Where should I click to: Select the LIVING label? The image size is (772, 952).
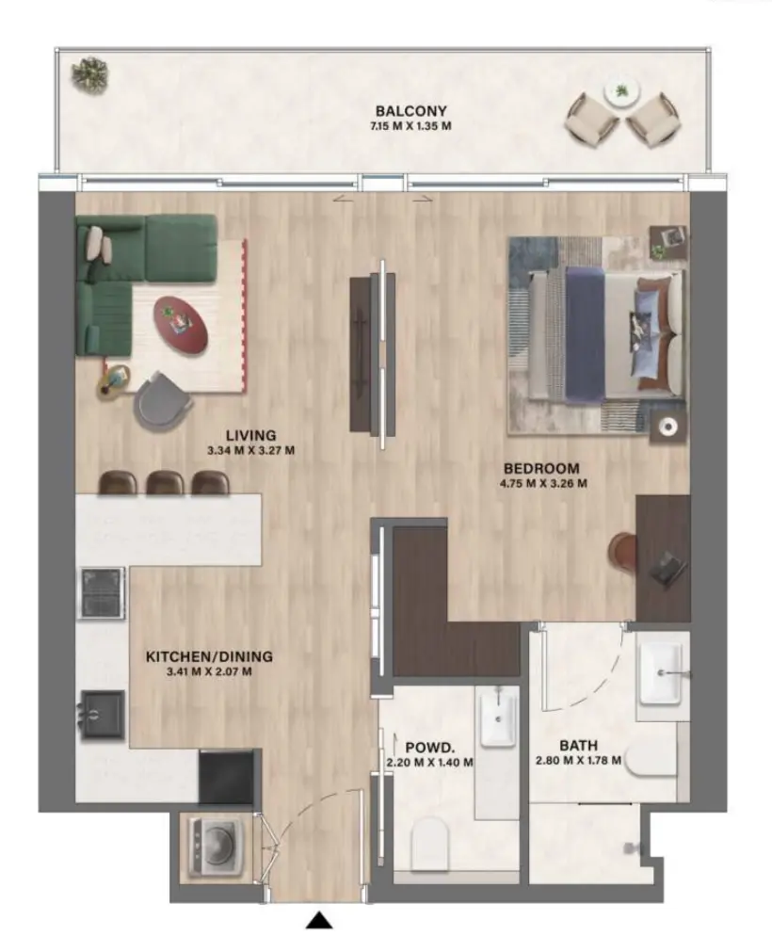[250, 435]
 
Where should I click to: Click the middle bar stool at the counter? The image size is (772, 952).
[166, 482]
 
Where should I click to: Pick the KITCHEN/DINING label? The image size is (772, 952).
[209, 656]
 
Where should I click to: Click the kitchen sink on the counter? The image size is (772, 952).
[102, 713]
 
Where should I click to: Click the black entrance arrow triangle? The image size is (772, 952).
[321, 921]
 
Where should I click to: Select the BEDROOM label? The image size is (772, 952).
[540, 468]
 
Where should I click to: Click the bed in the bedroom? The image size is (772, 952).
[603, 334]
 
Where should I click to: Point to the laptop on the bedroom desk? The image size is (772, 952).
[669, 567]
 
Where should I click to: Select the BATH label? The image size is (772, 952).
[577, 745]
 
